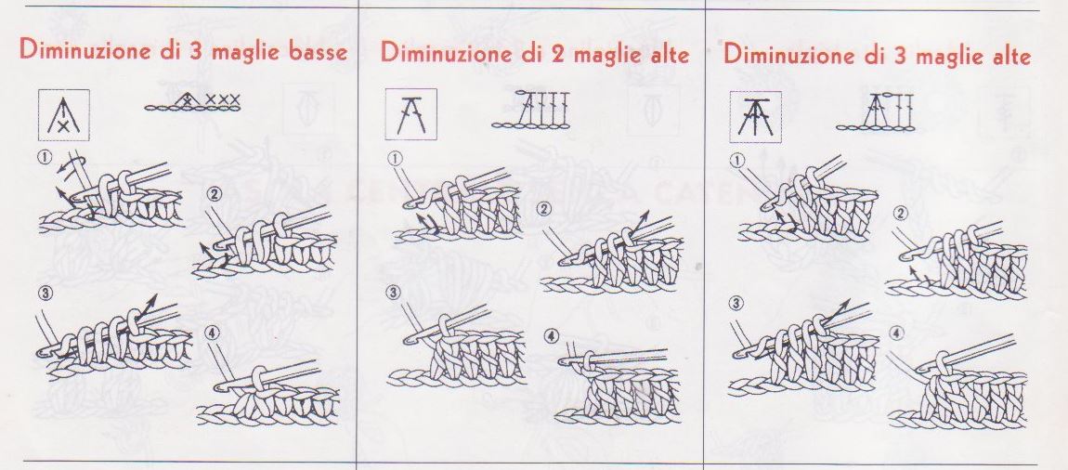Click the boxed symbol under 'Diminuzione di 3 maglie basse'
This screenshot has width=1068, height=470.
pos(64,114)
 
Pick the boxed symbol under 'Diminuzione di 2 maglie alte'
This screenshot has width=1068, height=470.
pos(411,113)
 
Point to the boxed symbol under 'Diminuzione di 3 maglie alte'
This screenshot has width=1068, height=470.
pos(755,117)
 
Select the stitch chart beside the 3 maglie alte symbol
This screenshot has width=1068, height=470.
pos(877,111)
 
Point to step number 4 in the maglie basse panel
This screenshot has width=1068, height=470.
pos(212,333)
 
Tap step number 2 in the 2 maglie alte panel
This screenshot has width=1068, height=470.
pos(544,209)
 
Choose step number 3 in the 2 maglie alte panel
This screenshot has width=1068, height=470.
pos(395,293)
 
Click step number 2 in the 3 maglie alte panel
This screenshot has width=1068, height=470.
pos(901,214)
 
